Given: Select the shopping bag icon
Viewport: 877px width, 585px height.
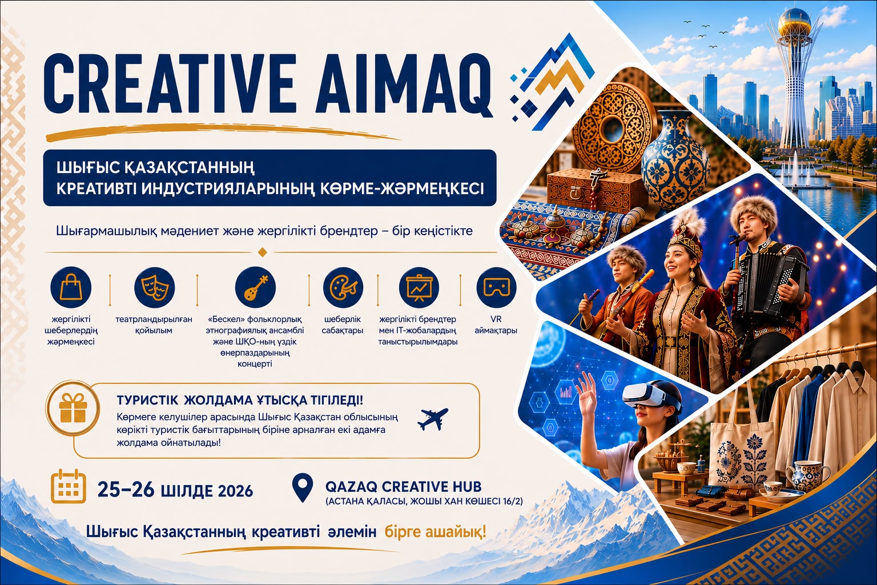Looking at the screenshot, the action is coord(71,287).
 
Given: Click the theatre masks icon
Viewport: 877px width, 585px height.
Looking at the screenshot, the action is coord(154,287).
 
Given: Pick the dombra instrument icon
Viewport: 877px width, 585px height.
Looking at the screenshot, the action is coord(255,287).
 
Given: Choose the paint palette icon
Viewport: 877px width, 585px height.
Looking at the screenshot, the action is coord(343,287).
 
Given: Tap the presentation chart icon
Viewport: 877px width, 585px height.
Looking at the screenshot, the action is coord(419,287).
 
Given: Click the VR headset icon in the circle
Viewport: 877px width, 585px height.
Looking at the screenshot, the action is coord(496,287).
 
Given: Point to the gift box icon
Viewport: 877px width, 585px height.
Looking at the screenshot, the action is coord(73,408).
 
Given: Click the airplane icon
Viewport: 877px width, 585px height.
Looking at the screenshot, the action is coord(433,419).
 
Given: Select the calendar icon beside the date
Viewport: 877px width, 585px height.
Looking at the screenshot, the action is coord(69,486).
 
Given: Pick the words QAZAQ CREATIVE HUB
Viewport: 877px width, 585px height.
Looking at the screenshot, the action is coord(403,487).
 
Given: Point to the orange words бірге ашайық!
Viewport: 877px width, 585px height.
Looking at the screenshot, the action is coord(436,532).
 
